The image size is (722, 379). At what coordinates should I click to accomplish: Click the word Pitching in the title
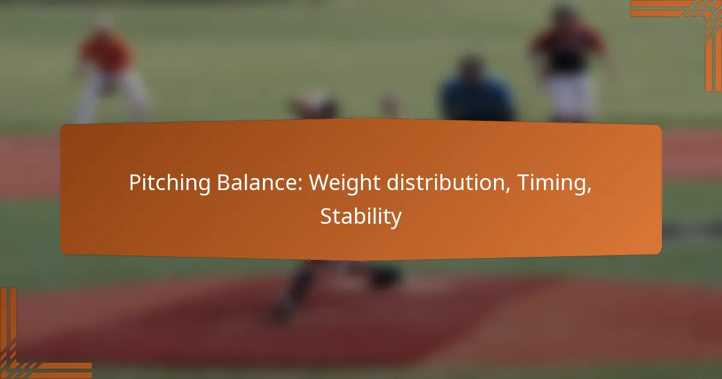click(x=170, y=183)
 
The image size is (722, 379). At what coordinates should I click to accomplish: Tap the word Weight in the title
click(x=345, y=183)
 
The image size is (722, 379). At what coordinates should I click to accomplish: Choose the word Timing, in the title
click(x=554, y=183)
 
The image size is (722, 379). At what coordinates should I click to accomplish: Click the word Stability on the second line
click(x=361, y=217)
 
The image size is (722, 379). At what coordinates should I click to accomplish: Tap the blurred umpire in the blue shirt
click(x=478, y=90)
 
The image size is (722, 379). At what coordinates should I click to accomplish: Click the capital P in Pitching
click(x=135, y=183)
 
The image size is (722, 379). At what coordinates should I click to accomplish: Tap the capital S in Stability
click(x=326, y=216)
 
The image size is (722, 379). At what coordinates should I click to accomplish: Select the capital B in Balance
click(x=224, y=183)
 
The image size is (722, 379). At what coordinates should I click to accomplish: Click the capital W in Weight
click(x=320, y=183)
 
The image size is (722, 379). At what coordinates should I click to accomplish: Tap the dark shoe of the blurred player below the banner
click(x=385, y=278)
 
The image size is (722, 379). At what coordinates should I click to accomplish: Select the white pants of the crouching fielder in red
click(x=110, y=97)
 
